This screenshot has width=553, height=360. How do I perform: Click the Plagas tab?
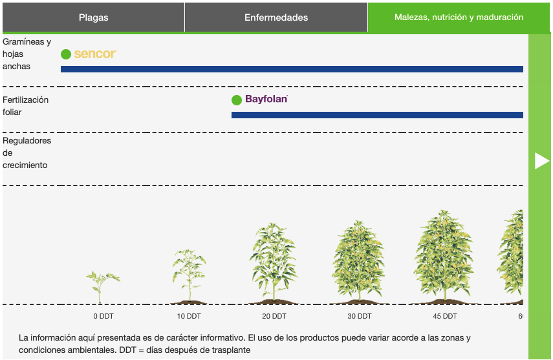tap(93, 17)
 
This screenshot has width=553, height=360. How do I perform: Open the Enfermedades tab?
tap(276, 17)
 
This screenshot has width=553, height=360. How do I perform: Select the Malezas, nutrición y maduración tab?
tap(459, 17)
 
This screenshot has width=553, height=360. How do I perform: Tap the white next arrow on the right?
tap(542, 161)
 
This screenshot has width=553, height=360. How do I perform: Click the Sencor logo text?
tap(95, 54)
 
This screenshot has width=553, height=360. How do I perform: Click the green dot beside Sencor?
tap(66, 54)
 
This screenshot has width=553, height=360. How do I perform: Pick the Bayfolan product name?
tap(266, 99)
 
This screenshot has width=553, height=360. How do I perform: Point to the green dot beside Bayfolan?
tap(237, 100)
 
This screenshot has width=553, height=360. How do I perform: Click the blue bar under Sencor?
tap(292, 69)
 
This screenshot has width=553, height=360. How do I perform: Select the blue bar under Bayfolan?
tap(377, 115)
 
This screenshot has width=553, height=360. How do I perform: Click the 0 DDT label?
tap(103, 316)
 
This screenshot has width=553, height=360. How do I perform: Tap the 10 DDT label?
tap(189, 316)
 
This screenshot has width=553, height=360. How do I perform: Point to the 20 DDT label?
tap(274, 316)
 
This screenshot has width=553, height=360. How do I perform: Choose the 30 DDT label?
tap(360, 316)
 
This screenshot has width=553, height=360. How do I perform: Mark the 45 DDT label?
tap(445, 316)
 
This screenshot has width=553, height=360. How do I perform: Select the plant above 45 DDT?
tap(444, 257)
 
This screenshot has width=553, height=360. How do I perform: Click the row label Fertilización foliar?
tap(25, 106)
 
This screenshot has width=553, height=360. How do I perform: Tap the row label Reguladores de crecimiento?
tap(27, 153)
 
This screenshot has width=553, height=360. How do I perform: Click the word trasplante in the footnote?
tap(232, 350)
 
